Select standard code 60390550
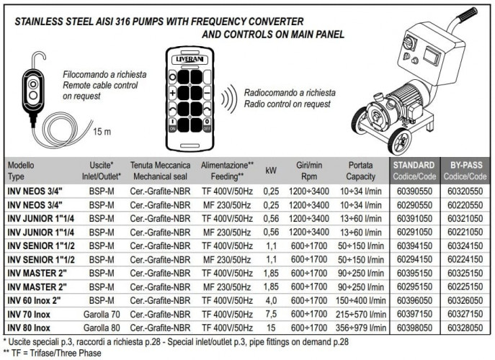click(x=414, y=192)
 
